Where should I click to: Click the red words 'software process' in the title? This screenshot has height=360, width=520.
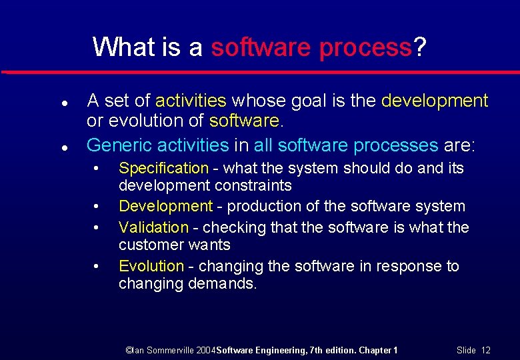click(311, 47)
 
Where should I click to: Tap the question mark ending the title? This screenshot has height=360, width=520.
click(419, 47)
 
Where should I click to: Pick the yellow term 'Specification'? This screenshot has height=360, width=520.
click(163, 169)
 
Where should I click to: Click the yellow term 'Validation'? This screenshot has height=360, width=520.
click(153, 227)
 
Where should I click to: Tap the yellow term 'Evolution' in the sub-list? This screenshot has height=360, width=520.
click(151, 266)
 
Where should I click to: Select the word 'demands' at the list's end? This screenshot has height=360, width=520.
click(223, 283)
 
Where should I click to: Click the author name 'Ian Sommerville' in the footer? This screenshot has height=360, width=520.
click(164, 350)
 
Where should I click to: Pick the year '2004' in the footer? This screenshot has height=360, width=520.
click(206, 350)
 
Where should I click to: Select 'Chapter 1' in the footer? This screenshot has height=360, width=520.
click(379, 350)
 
